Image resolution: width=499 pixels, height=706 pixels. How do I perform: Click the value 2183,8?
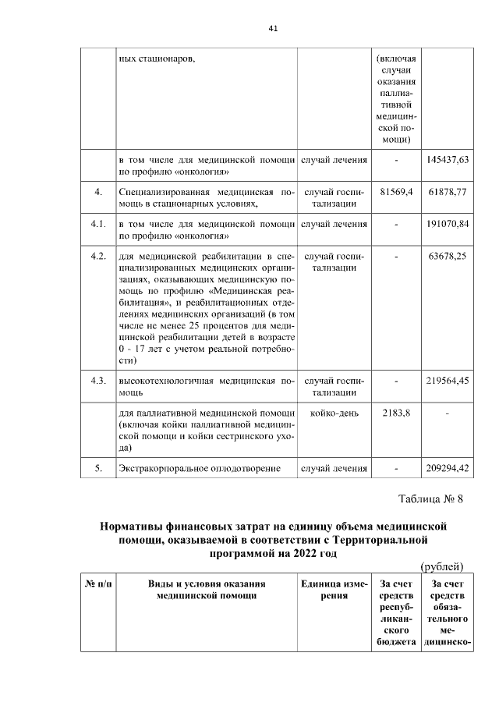click(x=396, y=413)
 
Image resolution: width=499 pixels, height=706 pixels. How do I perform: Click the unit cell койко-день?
click(x=334, y=413)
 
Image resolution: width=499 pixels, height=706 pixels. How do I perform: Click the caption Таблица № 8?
click(x=430, y=498)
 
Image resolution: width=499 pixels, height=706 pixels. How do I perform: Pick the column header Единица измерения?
click(x=334, y=589)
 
